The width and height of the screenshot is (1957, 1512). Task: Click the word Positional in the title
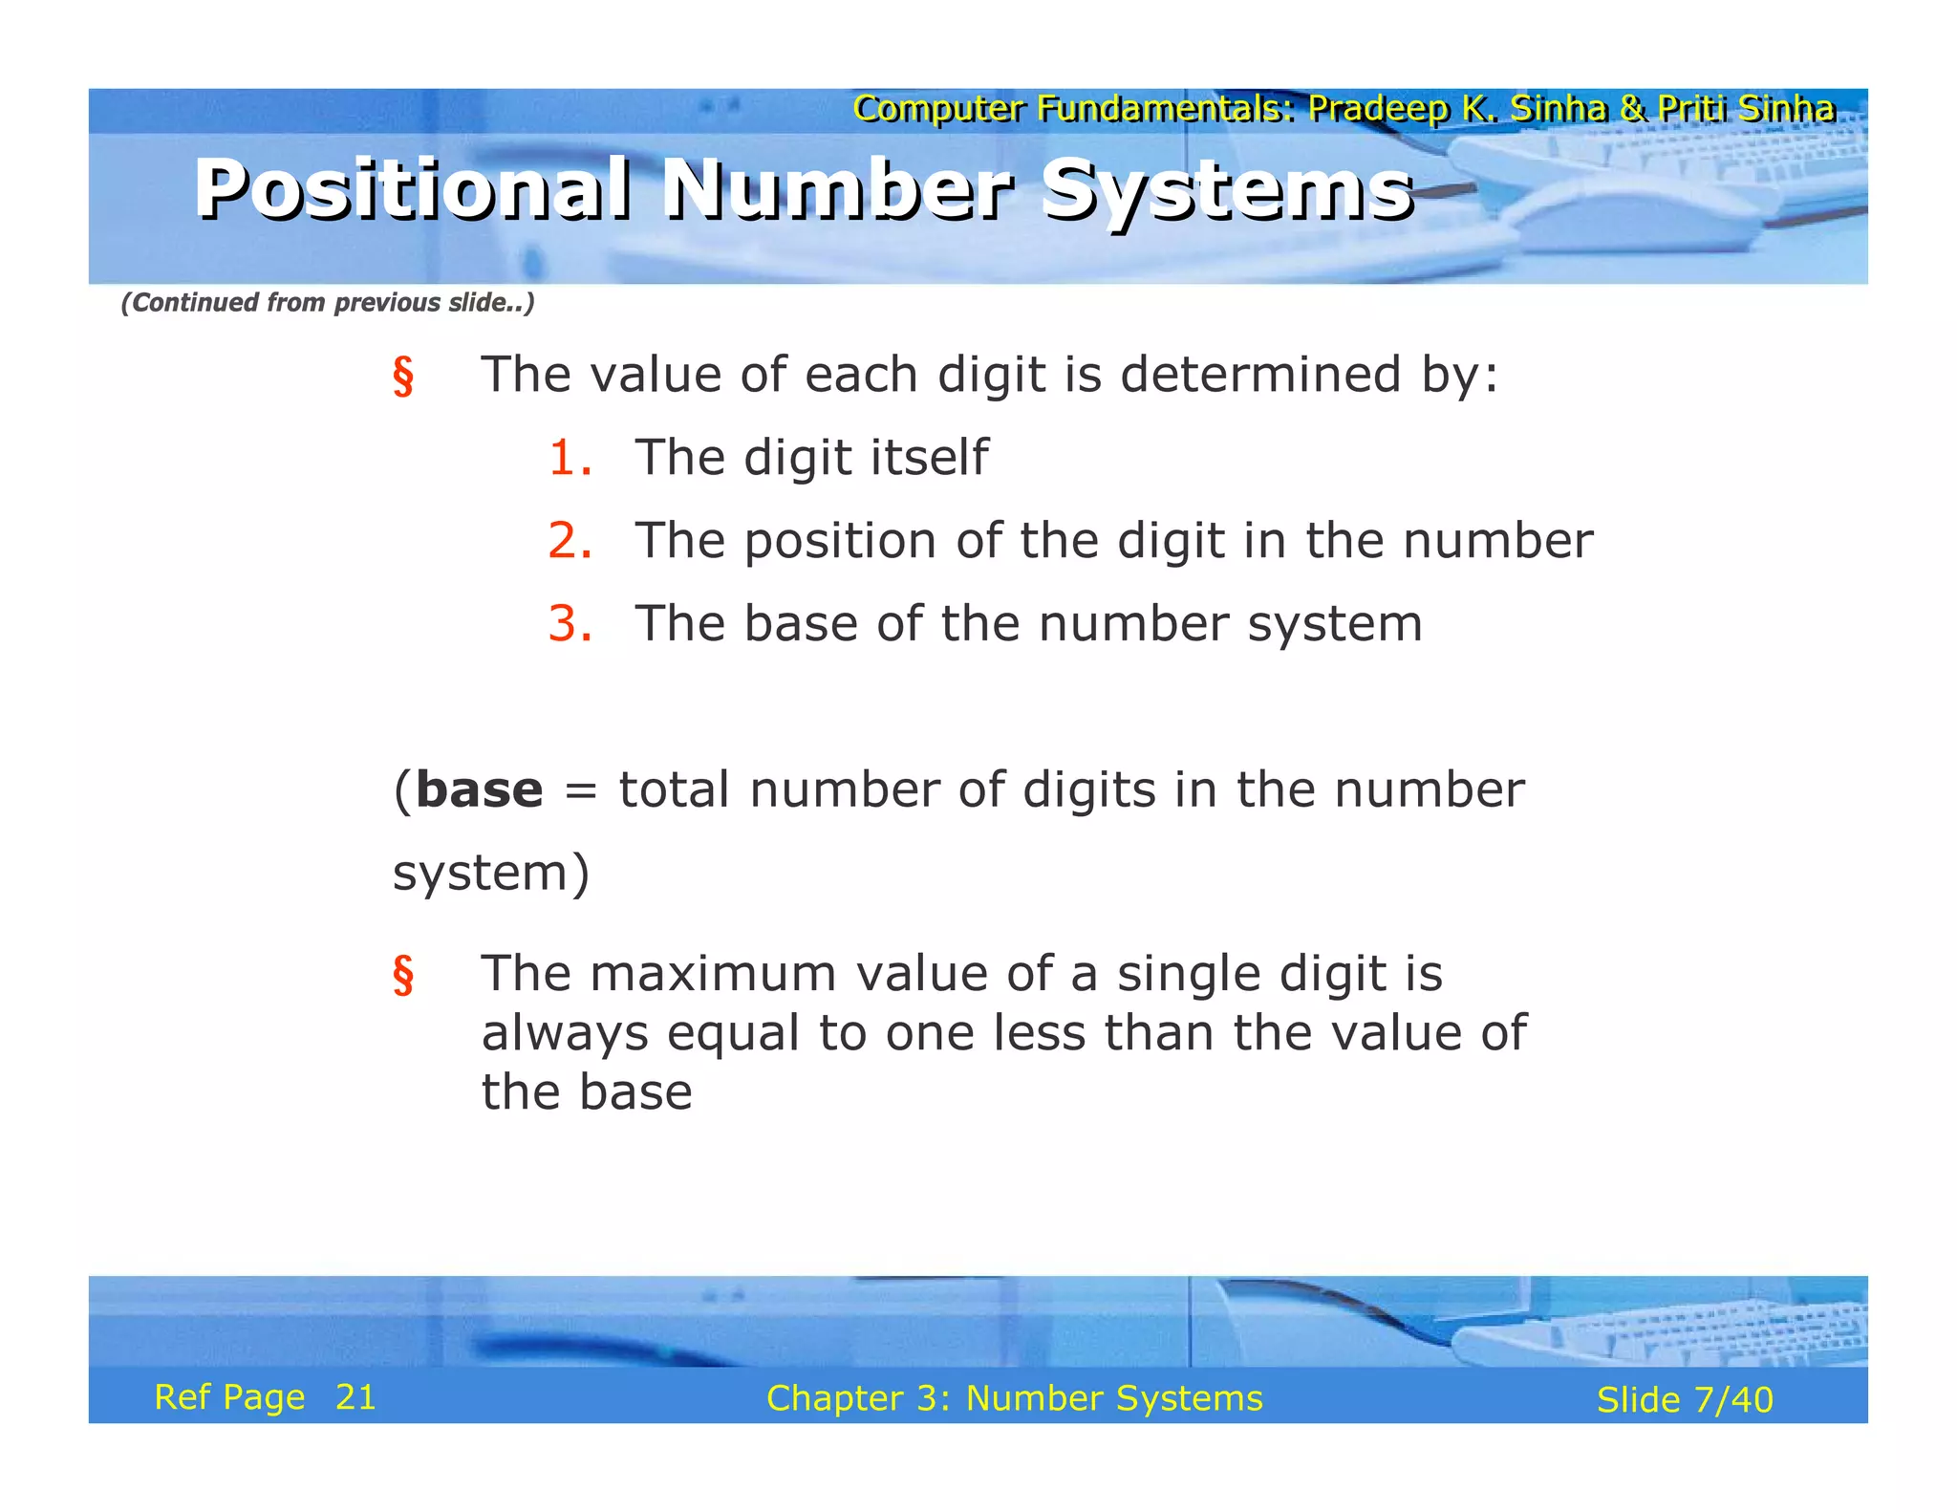point(412,188)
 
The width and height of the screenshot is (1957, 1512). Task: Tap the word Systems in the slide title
point(1227,190)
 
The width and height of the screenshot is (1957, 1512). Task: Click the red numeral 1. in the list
point(570,457)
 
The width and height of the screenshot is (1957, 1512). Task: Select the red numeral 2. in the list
point(570,540)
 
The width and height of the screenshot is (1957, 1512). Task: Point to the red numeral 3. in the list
point(570,623)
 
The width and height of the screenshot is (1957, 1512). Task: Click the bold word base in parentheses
point(480,789)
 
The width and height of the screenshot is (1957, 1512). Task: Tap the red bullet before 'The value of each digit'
point(403,376)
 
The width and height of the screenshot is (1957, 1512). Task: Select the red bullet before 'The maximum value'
point(403,976)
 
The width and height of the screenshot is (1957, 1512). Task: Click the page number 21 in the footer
point(355,1397)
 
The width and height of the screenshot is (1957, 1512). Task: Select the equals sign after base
point(581,791)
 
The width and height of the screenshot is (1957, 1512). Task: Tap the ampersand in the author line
point(1632,109)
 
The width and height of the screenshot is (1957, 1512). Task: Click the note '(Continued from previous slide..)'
point(328,303)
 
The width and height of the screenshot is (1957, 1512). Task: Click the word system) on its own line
point(491,874)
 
